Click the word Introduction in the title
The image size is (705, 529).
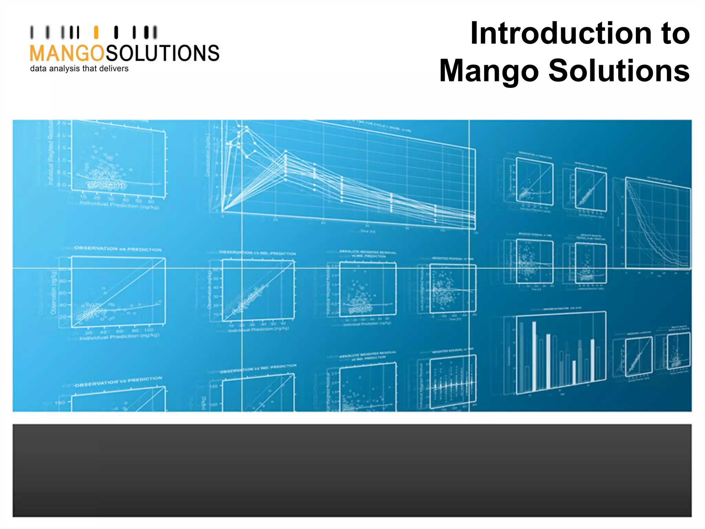(561, 33)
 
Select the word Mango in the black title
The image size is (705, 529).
(489, 71)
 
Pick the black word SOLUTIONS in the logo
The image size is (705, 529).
(162, 53)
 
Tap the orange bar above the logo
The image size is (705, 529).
(96, 32)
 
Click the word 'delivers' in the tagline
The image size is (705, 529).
(114, 69)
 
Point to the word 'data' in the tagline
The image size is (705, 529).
(38, 69)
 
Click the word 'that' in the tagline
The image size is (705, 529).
(90, 69)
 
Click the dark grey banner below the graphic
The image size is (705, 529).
(352, 470)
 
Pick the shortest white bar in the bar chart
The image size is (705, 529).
(574, 372)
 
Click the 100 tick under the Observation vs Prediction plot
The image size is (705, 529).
(149, 330)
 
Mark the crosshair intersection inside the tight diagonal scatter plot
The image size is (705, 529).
(242, 268)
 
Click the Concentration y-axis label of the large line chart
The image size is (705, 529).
(208, 155)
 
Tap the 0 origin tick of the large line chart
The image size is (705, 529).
(222, 216)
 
